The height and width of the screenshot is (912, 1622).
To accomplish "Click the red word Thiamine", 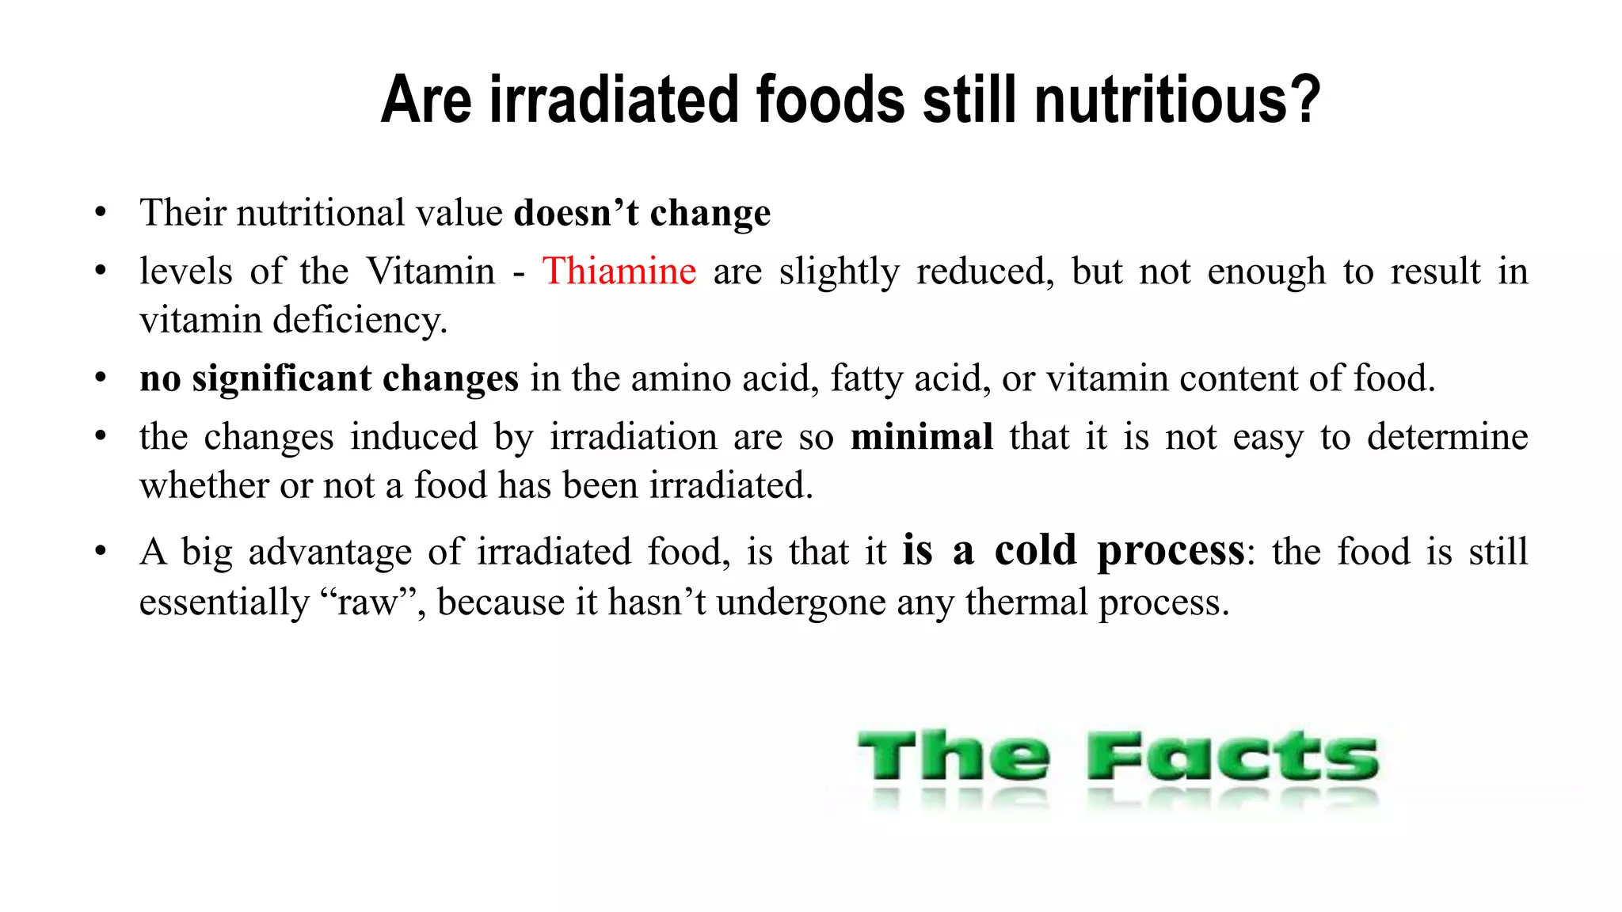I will coord(619,272).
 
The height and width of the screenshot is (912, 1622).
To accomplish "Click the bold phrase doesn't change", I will coord(642,213).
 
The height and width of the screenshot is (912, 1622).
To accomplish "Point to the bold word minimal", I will coord(921,437).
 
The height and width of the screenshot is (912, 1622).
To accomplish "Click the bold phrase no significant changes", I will coord(329,378).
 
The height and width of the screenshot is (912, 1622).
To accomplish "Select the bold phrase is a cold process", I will coord(1073,550).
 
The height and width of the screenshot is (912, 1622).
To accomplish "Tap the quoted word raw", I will coord(367,603).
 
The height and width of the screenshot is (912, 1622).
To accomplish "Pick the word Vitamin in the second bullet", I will coord(431,272).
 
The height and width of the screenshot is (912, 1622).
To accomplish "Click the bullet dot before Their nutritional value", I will coord(100,213).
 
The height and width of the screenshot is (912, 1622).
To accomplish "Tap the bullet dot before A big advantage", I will coord(100,552).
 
